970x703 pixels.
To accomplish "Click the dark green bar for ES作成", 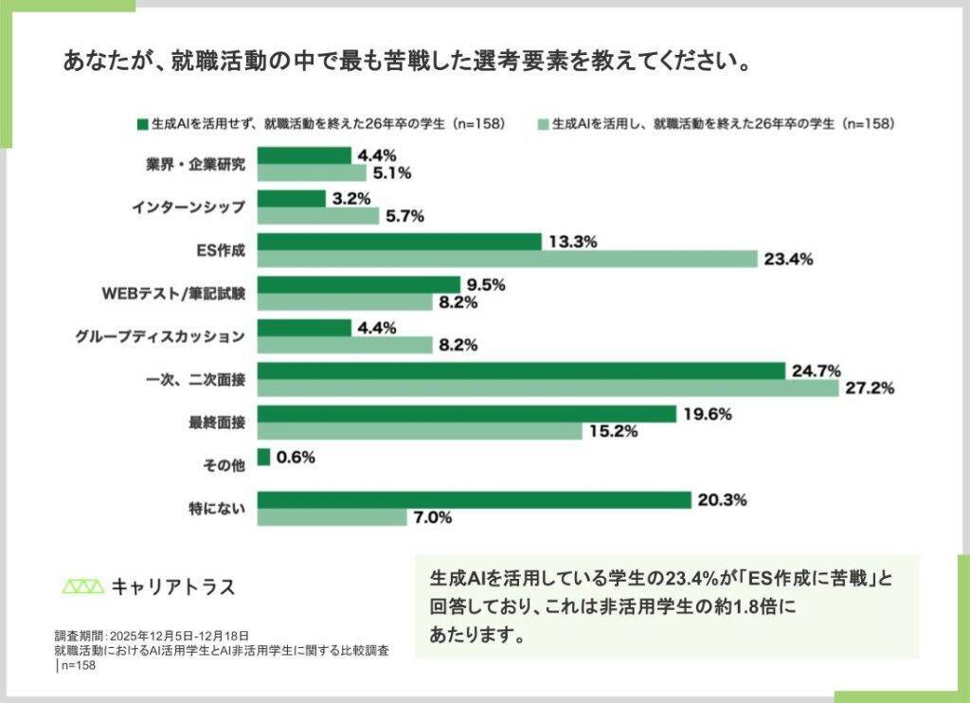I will coord(399,242).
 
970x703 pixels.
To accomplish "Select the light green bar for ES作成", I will coord(508,259).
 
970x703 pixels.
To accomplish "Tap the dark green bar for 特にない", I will coord(474,500).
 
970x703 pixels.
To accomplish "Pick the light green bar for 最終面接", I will coord(420,431).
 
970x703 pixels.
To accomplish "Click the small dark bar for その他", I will coord(263,458).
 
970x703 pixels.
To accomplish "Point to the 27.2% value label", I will coord(869,388).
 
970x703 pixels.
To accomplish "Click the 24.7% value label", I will coord(817,370).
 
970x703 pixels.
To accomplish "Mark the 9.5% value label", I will coord(484,284).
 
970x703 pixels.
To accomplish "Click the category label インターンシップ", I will coord(189,207).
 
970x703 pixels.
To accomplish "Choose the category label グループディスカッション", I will coord(160,336).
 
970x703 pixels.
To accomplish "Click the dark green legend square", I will coord(143,124).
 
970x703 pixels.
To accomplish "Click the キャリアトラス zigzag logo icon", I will coord(82,586).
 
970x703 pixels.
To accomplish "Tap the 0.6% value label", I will coord(296,458).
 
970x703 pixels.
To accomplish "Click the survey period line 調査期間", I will coord(152,636).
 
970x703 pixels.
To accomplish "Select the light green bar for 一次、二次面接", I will coord(548,388).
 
